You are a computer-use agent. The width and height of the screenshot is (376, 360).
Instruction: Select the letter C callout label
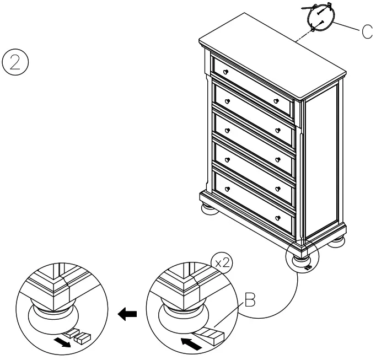[367, 32]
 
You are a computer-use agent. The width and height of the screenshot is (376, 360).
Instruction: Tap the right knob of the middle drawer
[279, 159]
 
